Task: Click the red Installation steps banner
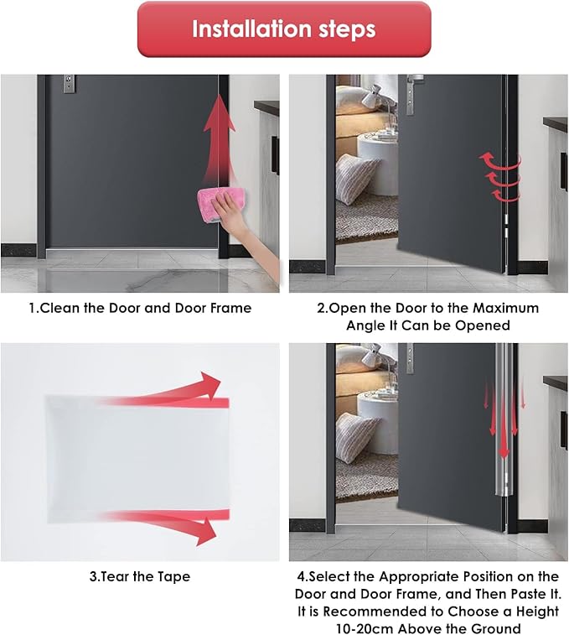click(284, 29)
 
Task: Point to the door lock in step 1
click(69, 83)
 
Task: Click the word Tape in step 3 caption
click(173, 576)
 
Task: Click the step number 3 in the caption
click(93, 576)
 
